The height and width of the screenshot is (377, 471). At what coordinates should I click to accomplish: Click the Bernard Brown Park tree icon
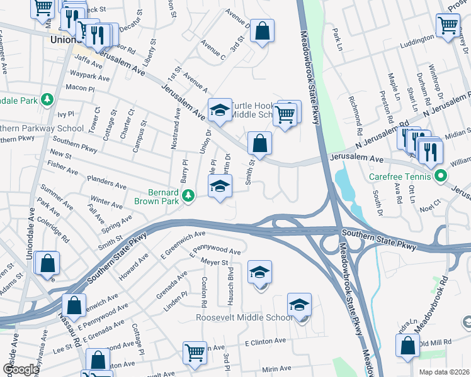click(188, 197)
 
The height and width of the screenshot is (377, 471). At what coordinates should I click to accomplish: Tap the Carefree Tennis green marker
click(441, 176)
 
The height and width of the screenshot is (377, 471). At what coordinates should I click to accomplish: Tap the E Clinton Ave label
click(265, 343)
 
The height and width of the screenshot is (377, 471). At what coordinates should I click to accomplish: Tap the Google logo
click(20, 369)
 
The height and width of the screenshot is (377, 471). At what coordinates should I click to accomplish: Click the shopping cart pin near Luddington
click(448, 26)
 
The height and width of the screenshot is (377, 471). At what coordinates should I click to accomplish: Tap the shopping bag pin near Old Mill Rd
click(407, 346)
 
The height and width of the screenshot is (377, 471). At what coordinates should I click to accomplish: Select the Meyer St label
click(214, 261)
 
